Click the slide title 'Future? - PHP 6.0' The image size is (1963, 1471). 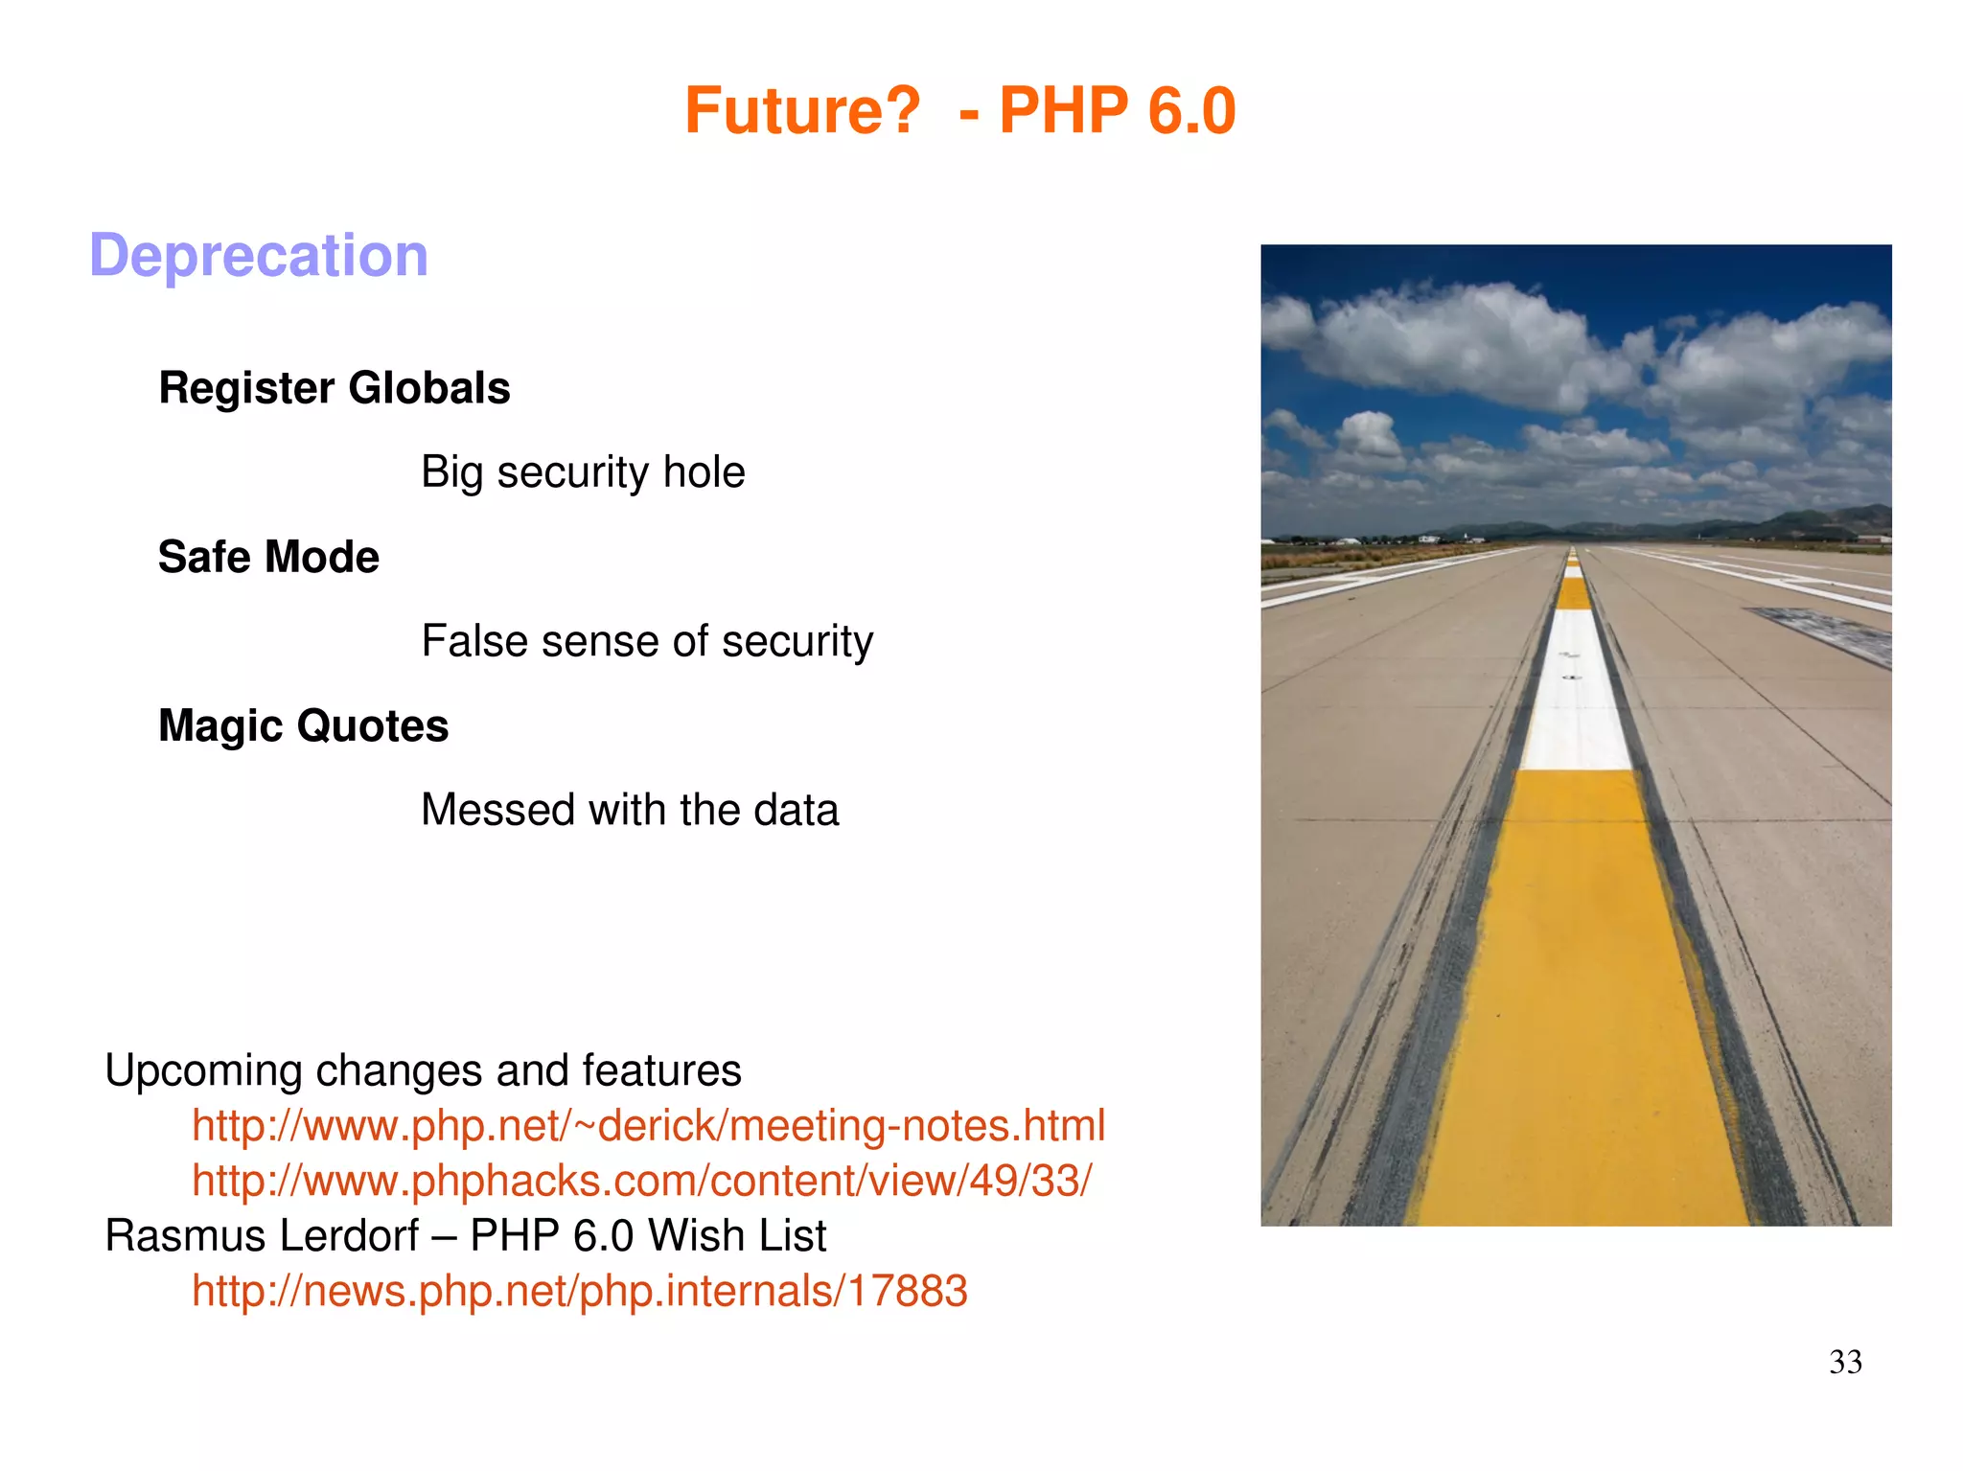[x=959, y=111]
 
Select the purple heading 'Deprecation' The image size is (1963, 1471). [x=259, y=256]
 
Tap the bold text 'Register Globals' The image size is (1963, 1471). [x=335, y=388]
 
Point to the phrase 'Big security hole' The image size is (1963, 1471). [x=583, y=472]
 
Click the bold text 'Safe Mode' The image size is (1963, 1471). [x=268, y=557]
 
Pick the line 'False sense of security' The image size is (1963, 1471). [x=647, y=641]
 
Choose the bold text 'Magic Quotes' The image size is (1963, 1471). [x=303, y=725]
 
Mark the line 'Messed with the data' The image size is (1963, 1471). [x=630, y=810]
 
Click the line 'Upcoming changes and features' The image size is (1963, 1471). [x=423, y=1070]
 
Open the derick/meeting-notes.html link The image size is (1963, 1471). [x=648, y=1125]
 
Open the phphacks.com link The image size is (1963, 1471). [x=641, y=1181]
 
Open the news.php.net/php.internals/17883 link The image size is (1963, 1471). [x=579, y=1291]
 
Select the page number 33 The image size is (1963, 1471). [x=1845, y=1362]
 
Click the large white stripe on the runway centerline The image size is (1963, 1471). [x=1574, y=690]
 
